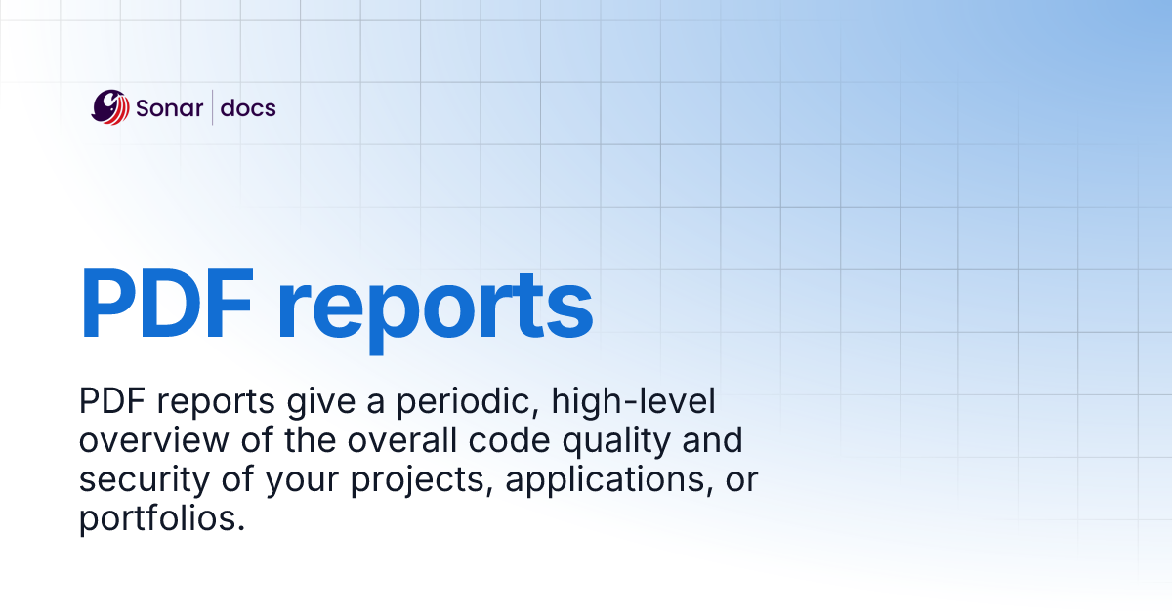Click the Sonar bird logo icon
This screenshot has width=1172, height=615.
click(110, 106)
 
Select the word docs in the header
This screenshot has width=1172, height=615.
click(248, 107)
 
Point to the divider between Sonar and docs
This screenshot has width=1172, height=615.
click(213, 107)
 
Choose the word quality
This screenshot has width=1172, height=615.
click(613, 441)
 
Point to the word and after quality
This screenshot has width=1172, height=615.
click(710, 441)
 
